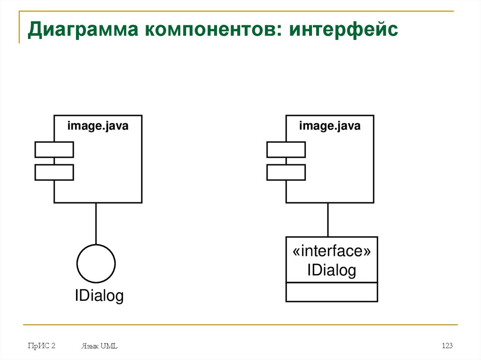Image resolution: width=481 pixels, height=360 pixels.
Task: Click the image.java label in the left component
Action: click(98, 126)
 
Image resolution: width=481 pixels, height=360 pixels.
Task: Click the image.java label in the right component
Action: click(330, 126)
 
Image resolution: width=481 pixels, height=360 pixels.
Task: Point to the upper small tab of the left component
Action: click(54, 150)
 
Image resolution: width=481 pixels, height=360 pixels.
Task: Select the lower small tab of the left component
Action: click(54, 172)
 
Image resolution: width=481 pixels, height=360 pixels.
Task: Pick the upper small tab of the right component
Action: click(286, 150)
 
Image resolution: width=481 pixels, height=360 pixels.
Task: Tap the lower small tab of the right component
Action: click(286, 172)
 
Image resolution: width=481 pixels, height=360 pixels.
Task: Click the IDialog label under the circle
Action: click(99, 296)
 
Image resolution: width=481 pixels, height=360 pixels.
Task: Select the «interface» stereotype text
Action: click(332, 251)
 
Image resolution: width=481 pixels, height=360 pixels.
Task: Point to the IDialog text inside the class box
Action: click(332, 270)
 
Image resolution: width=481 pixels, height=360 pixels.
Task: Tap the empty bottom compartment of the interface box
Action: click(332, 292)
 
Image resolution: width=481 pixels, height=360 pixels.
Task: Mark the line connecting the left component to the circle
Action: click(96, 223)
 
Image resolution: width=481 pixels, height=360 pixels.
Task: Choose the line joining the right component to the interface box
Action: click(328, 220)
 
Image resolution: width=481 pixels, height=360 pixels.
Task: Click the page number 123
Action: click(447, 346)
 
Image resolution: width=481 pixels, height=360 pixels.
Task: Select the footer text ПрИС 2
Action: click(41, 346)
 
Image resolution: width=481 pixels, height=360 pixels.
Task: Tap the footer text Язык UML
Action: click(99, 346)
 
